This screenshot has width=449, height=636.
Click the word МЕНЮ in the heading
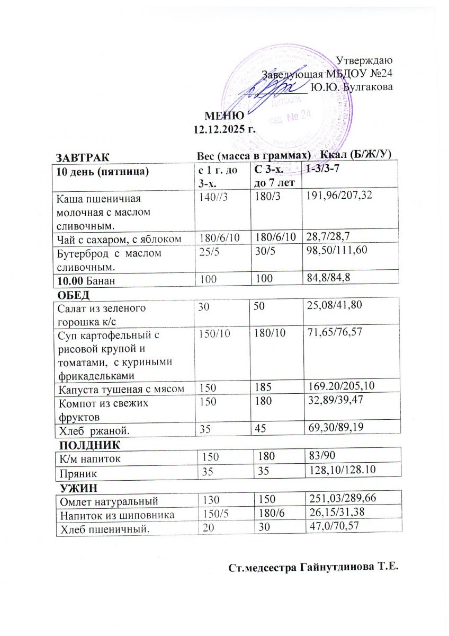tap(224, 116)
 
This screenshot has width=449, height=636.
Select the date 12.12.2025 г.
tap(224, 128)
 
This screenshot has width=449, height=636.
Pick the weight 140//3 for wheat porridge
tap(211, 197)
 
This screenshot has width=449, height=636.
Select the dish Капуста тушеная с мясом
tap(121, 390)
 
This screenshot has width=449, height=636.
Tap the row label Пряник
tap(74, 470)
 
